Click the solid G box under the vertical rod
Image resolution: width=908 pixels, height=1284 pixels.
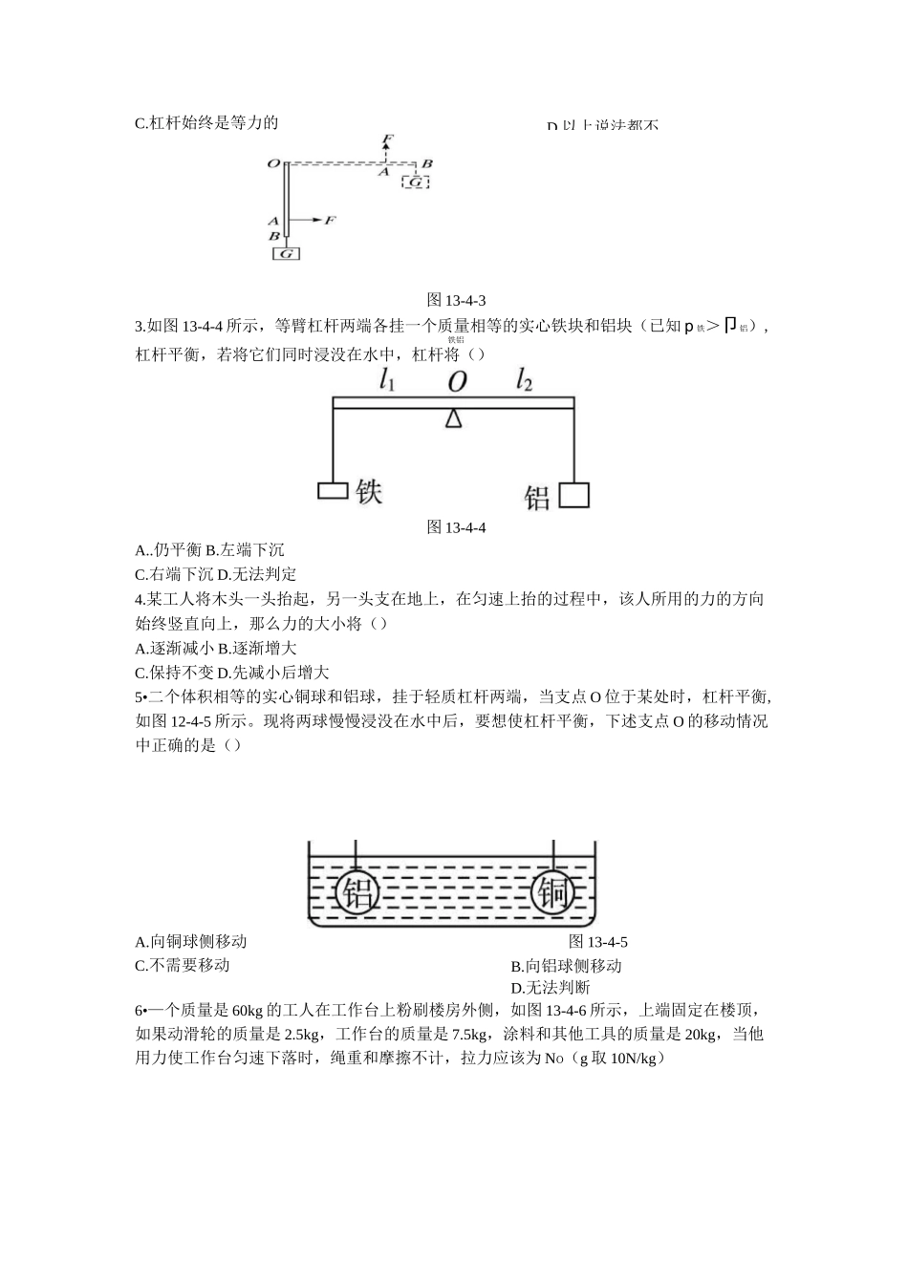pos(286,253)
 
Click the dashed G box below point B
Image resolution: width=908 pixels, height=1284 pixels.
pos(416,182)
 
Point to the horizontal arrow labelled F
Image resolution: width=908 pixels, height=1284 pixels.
pos(313,221)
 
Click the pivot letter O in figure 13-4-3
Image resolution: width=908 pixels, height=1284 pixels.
pos(273,163)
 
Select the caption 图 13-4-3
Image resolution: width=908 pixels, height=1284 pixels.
pos(455,301)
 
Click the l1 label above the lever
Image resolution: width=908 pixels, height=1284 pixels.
pos(388,381)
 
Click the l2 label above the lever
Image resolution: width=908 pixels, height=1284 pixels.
pos(524,381)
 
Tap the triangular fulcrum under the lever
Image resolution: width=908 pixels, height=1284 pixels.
pos(453,417)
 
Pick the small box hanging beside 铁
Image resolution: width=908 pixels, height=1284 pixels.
pos(333,491)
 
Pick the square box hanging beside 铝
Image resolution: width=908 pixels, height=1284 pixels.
pos(573,495)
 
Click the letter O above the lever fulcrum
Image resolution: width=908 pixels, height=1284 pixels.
pos(457,382)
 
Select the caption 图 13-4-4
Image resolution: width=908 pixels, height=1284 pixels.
pos(455,527)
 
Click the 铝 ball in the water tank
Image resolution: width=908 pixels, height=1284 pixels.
pos(357,893)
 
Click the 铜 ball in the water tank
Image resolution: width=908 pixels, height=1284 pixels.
pos(554,893)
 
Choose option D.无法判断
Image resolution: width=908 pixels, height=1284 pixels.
pos(551,988)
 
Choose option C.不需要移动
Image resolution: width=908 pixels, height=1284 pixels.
pos(183,965)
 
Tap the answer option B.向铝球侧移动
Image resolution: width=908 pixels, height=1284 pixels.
pos(566,966)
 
